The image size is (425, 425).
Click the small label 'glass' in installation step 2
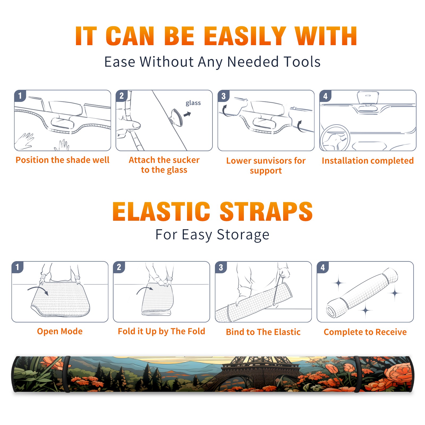tap(193, 103)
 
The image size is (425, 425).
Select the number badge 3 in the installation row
tap(223, 96)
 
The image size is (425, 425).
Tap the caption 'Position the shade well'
tap(62, 160)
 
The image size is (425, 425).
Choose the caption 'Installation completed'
tap(368, 161)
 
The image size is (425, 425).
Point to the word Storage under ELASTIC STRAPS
tap(243, 235)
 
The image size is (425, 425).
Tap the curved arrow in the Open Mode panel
tap(38, 290)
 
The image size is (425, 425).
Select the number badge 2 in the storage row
tap(119, 267)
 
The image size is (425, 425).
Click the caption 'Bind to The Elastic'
tap(263, 332)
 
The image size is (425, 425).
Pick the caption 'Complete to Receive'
tap(365, 332)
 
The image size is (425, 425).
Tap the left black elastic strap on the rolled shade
tap(67, 374)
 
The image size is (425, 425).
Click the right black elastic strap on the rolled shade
tap(358, 374)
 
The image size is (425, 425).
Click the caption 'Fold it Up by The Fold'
tap(161, 331)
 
